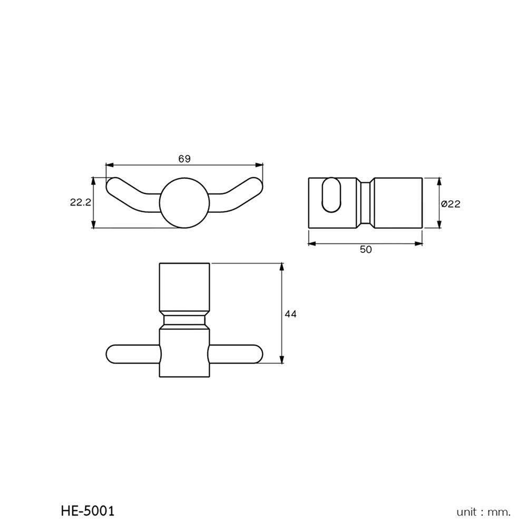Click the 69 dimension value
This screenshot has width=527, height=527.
tap(184, 159)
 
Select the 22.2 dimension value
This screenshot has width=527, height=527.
tap(81, 202)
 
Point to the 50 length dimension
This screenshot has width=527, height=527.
tap(365, 250)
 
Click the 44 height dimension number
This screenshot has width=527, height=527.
tap(290, 314)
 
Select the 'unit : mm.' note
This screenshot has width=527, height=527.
tap(483, 511)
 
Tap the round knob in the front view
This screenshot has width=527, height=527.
tap(184, 203)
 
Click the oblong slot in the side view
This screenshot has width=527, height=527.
tap(331, 196)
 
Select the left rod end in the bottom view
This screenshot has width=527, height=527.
tap(113, 354)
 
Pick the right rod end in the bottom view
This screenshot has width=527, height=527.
tap(255, 354)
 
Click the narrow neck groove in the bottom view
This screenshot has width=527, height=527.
tap(184, 320)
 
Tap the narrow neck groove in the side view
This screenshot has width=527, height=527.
tap(365, 203)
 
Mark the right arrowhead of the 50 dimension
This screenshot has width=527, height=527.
tap(419, 243)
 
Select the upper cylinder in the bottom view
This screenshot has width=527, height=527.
tap(184, 287)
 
